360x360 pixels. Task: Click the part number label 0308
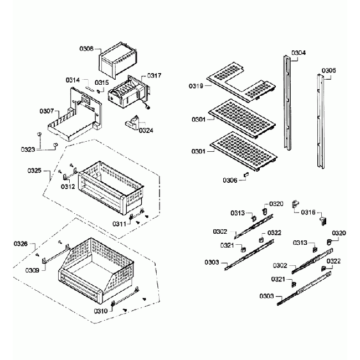pyautogui.click(x=87, y=49)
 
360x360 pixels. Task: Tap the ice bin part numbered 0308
pyautogui.click(x=117, y=61)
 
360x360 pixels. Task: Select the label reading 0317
pyautogui.click(x=155, y=76)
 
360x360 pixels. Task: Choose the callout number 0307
pyautogui.click(x=47, y=111)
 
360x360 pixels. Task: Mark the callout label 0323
pyautogui.click(x=29, y=149)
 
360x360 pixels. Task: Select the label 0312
pyautogui.click(x=68, y=187)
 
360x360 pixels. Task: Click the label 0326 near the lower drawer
pyautogui.click(x=20, y=244)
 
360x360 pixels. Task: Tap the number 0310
pyautogui.click(x=100, y=311)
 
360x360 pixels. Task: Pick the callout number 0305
pyautogui.click(x=328, y=71)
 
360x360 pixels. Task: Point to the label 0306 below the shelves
pyautogui.click(x=230, y=180)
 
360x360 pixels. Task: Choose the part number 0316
pyautogui.click(x=309, y=212)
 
